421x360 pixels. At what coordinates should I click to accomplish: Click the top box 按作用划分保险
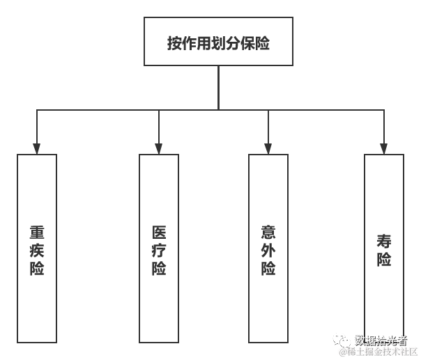click(218, 42)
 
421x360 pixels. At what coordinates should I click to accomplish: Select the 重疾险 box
click(37, 248)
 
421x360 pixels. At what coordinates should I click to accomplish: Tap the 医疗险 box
click(159, 248)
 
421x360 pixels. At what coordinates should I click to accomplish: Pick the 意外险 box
click(268, 248)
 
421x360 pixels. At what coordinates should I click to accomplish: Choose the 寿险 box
click(384, 248)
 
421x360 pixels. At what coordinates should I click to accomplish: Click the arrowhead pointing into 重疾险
click(37, 148)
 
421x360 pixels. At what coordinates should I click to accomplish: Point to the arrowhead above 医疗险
click(159, 148)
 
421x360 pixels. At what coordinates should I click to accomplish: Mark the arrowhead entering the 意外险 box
click(268, 148)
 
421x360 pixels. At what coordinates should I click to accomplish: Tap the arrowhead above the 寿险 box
click(384, 148)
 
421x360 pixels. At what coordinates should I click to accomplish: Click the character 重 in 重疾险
click(37, 233)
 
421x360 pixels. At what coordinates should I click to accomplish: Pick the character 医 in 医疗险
click(159, 233)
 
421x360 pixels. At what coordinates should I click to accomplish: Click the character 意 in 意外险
click(268, 233)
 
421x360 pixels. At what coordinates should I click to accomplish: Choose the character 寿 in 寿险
click(384, 242)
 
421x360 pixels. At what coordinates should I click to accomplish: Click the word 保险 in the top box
click(253, 42)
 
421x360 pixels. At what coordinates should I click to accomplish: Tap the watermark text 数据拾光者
click(381, 341)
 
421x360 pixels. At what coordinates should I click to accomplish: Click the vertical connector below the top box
click(218, 87)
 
